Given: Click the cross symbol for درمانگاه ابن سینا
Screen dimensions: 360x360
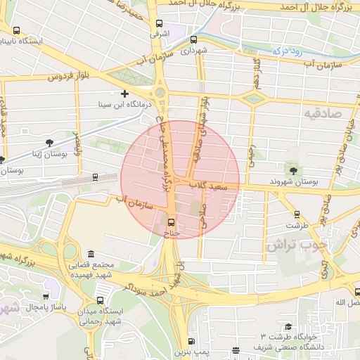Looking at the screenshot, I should click(125, 94).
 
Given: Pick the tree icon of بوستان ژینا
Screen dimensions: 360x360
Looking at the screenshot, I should click(48, 143).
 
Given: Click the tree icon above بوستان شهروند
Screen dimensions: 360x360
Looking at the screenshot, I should click(293, 169).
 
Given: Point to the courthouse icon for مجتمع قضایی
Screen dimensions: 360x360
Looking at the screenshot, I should click(90, 254).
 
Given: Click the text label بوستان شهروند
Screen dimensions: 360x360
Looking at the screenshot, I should click(295, 181).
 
